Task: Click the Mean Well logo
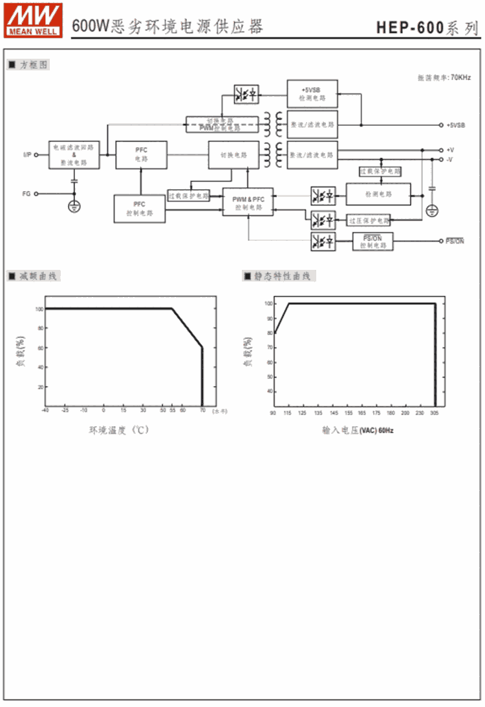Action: pos(34,19)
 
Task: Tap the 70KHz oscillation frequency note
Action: pos(440,77)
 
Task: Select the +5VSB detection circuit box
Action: pos(312,94)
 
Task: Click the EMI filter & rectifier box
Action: pos(74,155)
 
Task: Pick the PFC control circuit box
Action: pos(139,209)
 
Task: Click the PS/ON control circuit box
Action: pos(372,241)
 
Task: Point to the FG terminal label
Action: pos(26,193)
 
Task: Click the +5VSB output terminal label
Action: pos(455,125)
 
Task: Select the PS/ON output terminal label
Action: pos(455,241)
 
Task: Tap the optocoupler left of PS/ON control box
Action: pos(323,241)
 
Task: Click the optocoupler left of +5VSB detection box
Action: pos(246,94)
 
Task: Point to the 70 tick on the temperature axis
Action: pos(202,410)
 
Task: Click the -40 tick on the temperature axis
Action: pos(45,410)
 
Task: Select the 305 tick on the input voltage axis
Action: pos(435,413)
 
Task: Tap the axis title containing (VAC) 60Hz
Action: pos(357,429)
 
